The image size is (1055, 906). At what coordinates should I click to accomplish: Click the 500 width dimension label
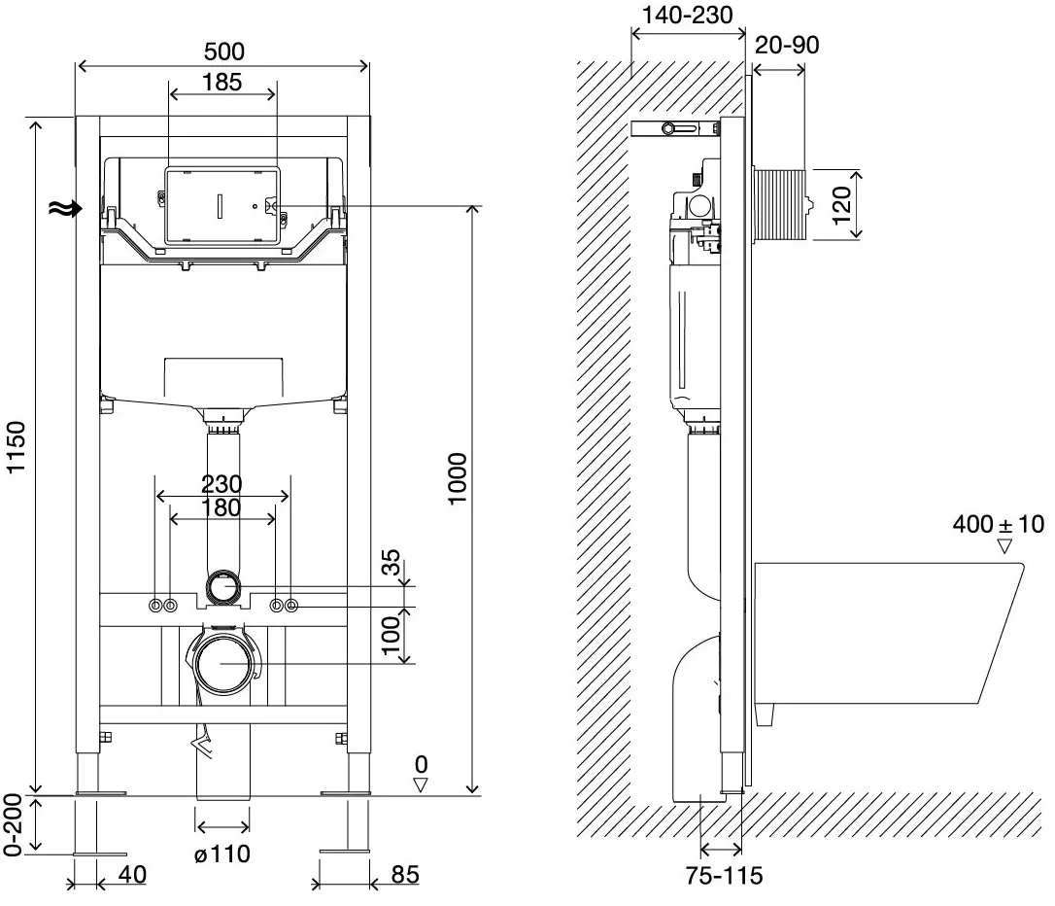click(223, 52)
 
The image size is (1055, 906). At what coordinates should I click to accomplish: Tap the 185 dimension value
click(221, 82)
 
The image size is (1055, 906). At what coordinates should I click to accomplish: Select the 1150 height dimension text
click(16, 447)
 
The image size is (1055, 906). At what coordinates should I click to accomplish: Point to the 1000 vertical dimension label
click(457, 478)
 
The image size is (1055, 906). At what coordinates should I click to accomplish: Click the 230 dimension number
click(221, 484)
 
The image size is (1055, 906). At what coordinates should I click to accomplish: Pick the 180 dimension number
click(221, 506)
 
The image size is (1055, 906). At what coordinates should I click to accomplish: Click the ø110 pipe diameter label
click(222, 854)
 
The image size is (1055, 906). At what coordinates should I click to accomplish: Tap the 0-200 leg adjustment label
click(13, 824)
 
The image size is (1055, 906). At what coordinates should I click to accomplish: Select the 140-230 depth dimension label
click(687, 15)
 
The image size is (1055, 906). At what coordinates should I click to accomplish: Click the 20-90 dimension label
click(787, 45)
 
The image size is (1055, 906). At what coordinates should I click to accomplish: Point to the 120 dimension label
click(841, 204)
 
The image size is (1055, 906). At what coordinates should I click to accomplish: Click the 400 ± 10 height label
click(998, 524)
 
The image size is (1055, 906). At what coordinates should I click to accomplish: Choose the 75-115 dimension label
click(724, 875)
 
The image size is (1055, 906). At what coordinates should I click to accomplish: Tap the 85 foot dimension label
click(405, 874)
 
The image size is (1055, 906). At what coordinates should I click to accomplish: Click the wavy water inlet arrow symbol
click(65, 209)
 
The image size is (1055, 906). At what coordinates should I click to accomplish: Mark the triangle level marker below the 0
click(421, 784)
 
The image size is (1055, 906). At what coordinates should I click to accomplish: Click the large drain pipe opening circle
click(224, 663)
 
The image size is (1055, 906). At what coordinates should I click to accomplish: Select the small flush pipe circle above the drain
click(222, 587)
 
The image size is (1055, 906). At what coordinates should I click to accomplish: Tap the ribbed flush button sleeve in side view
click(780, 205)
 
